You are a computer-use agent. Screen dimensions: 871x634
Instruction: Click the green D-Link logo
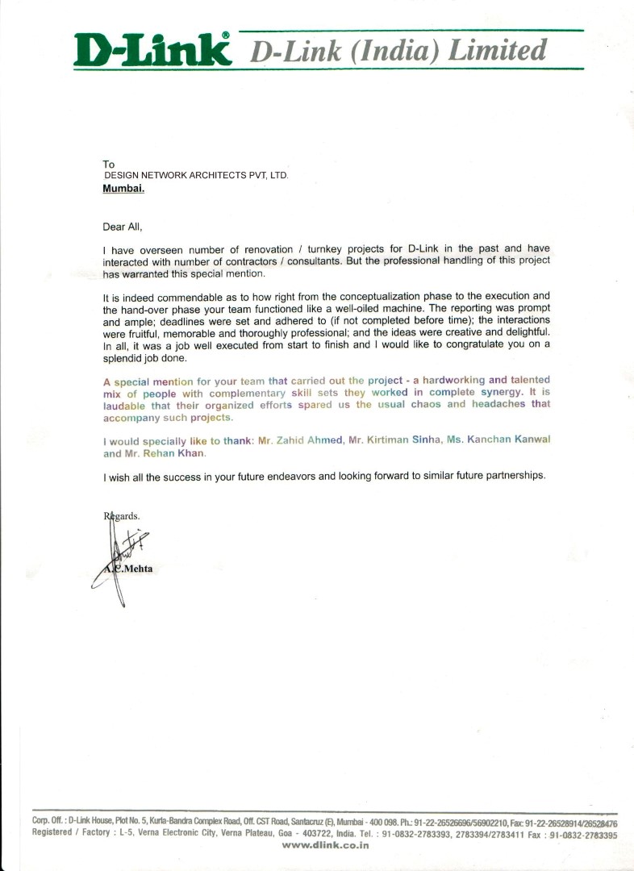(152, 51)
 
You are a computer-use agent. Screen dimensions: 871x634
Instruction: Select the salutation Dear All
(122, 227)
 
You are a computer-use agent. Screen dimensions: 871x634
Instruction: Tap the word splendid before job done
(122, 357)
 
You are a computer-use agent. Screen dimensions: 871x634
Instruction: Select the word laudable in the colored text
(124, 405)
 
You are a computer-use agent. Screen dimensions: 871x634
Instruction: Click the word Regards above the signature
(122, 515)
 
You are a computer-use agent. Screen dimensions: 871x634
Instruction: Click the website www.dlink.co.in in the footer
(325, 845)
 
